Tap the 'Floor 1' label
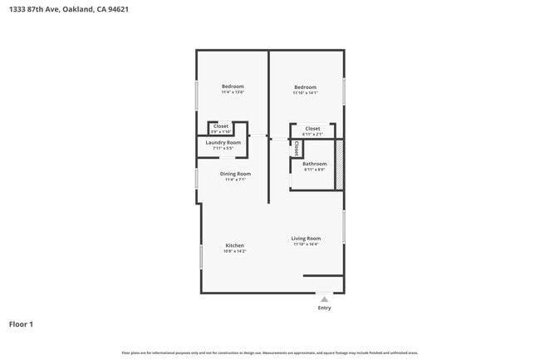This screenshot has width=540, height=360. click(x=21, y=323)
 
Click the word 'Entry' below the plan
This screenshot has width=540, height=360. click(x=324, y=308)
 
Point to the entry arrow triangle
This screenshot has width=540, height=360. click(x=324, y=298)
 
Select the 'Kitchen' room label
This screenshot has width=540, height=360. click(x=235, y=245)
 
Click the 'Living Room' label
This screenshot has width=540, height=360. click(x=305, y=239)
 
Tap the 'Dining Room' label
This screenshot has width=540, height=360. click(x=235, y=174)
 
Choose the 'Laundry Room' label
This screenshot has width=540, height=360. click(x=223, y=142)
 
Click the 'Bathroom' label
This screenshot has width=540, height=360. click(x=314, y=164)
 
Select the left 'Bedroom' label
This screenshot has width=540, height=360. click(x=233, y=86)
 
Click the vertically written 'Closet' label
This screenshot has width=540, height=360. click(x=296, y=148)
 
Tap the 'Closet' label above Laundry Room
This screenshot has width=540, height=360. click(x=221, y=126)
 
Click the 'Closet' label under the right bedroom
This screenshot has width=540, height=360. click(x=312, y=129)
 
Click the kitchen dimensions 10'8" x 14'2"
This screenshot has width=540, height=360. click(x=235, y=251)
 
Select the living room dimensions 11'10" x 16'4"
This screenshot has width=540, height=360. click(x=305, y=244)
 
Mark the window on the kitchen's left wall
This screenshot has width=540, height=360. click(x=200, y=256)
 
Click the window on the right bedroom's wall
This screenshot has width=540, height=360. click(x=344, y=91)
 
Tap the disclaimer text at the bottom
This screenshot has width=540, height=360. click(x=270, y=353)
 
